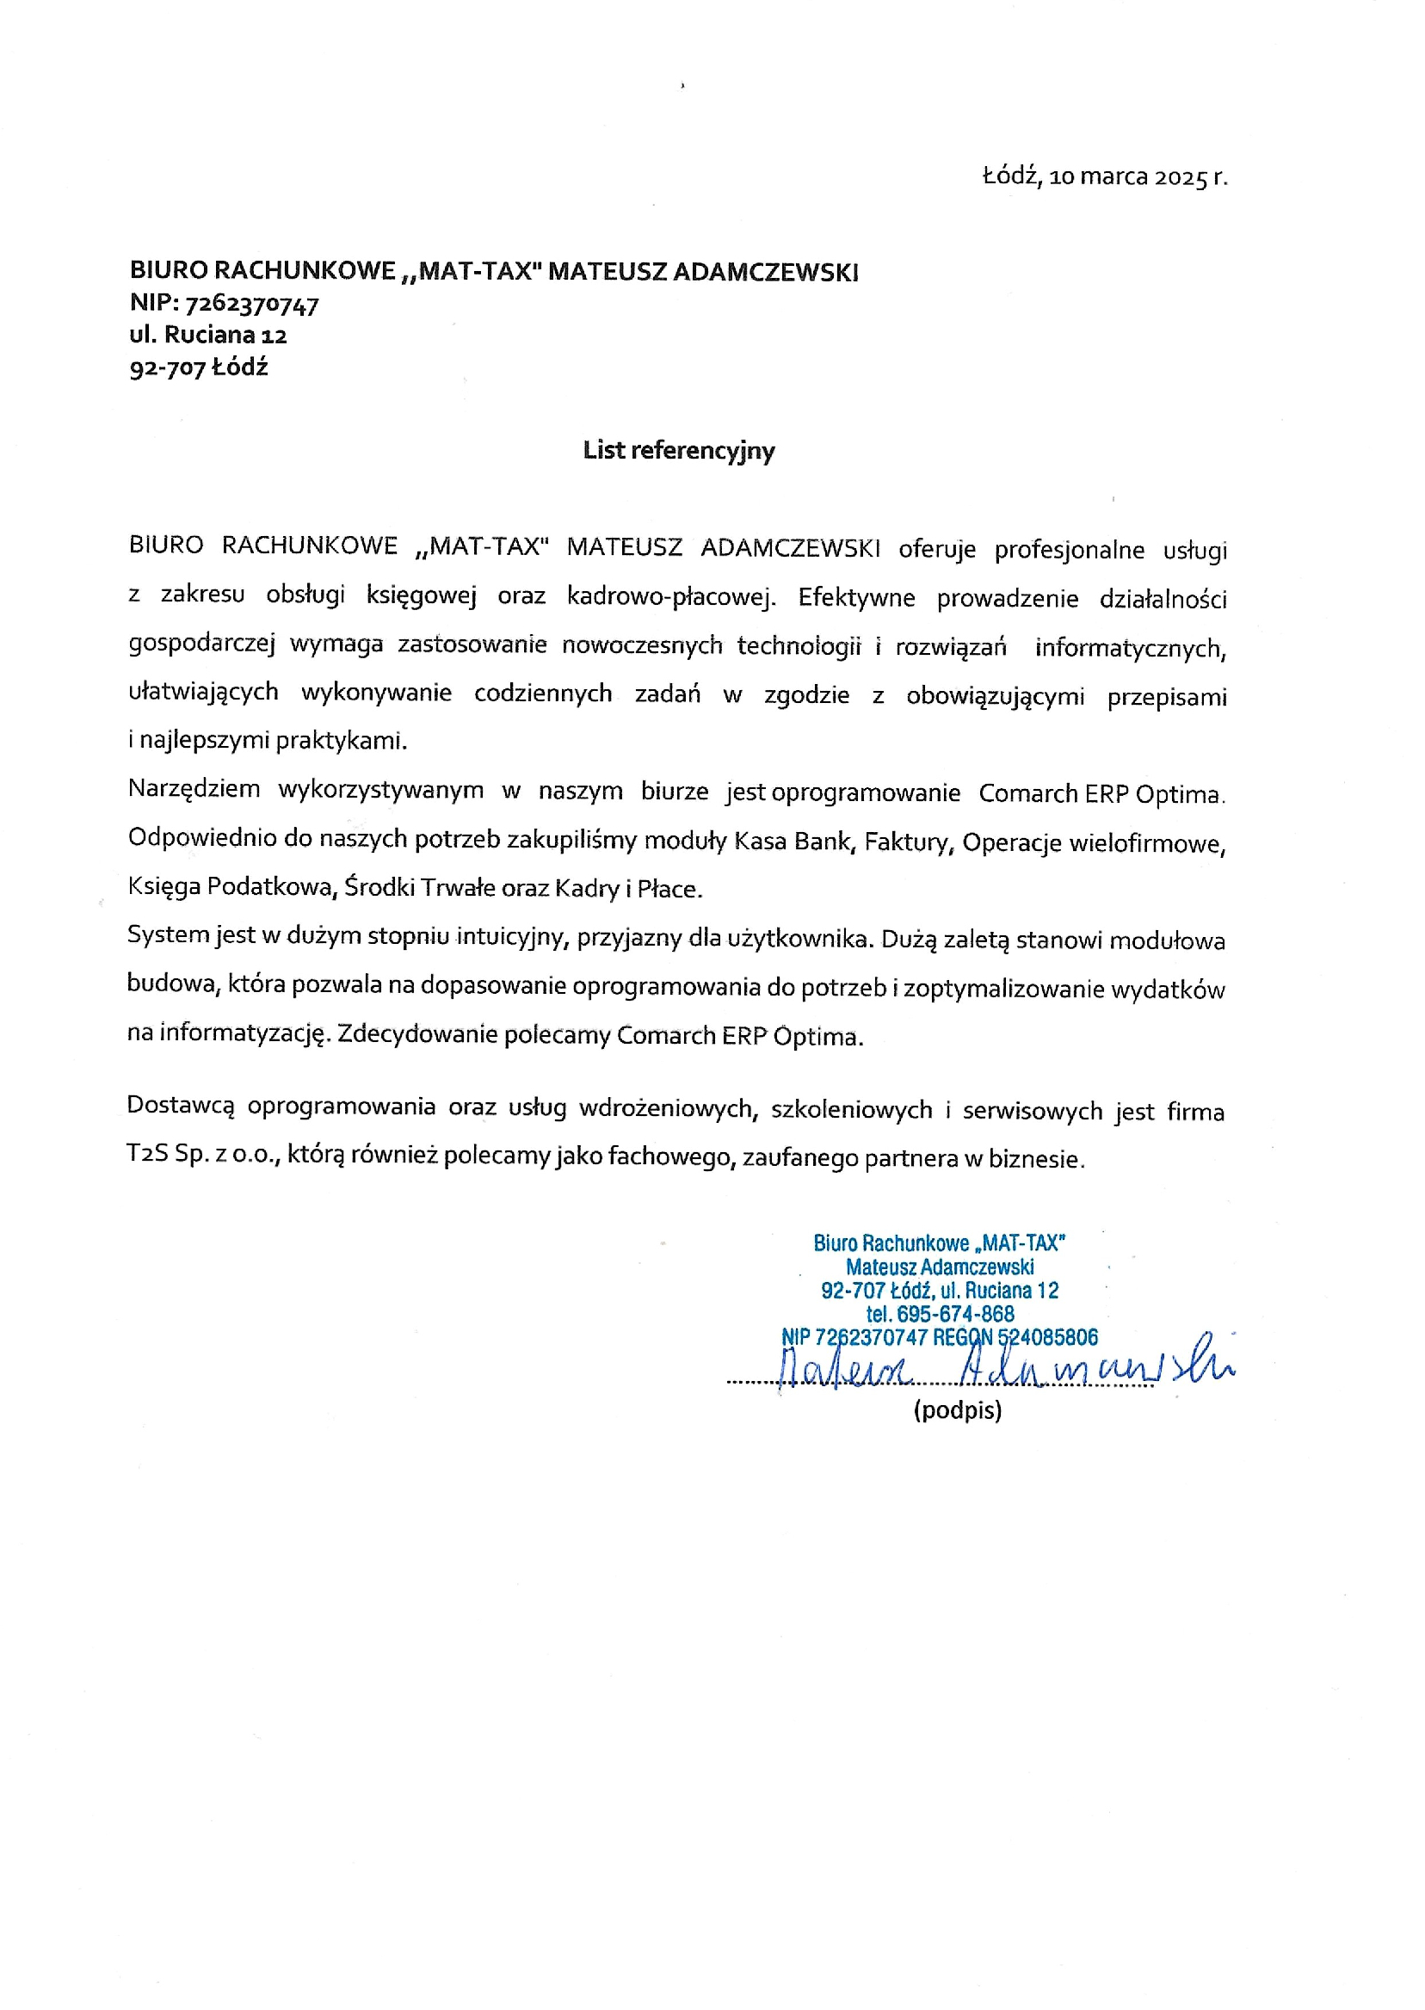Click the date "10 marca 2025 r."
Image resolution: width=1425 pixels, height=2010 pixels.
tap(1138, 177)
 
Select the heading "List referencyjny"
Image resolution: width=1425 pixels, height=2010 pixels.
tap(678, 451)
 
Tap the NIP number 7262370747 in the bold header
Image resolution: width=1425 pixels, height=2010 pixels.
tap(252, 305)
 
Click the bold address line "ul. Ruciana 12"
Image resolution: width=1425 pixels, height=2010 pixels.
tap(208, 336)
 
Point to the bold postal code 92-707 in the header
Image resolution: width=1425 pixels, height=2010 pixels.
tap(167, 367)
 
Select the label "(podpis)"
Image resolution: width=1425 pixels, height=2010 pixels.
tap(956, 1411)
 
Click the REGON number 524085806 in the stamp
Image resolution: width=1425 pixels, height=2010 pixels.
tap(1048, 1337)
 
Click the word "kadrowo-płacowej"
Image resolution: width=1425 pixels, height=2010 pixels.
tap(671, 597)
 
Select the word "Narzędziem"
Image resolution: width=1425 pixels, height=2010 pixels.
tap(194, 789)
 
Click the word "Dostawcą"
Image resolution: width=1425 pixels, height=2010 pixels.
tap(181, 1106)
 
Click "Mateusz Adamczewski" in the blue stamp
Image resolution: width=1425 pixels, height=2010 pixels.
tap(939, 1267)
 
